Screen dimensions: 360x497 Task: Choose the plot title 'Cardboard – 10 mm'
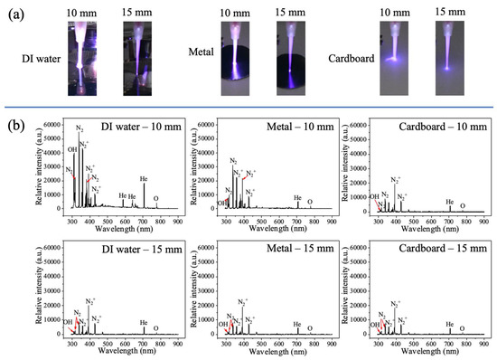439,125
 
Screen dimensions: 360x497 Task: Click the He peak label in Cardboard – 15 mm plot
450,323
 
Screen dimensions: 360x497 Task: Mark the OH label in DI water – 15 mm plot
68,321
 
